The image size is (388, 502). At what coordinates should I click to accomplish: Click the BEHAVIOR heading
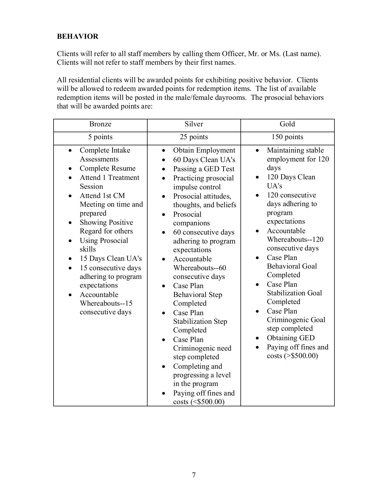(x=78, y=37)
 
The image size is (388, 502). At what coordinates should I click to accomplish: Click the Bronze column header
(x=100, y=124)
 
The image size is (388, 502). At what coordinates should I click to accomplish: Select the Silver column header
(x=194, y=124)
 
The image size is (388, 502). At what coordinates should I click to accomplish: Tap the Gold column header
(x=287, y=124)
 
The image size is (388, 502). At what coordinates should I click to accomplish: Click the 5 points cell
(x=100, y=137)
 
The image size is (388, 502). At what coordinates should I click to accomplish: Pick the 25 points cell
(x=194, y=137)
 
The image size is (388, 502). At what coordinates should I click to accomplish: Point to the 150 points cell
(x=287, y=137)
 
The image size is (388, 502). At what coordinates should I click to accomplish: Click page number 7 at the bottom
(x=194, y=475)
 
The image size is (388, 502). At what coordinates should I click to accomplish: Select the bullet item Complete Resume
(x=107, y=168)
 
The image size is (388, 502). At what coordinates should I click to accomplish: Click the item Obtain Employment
(x=204, y=150)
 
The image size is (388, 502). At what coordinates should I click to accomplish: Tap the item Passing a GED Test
(x=204, y=169)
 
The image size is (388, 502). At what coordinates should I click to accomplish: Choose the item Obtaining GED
(x=290, y=338)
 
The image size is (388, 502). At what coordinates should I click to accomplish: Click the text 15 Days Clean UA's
(x=110, y=259)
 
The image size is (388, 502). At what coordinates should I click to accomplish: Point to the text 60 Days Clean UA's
(x=204, y=160)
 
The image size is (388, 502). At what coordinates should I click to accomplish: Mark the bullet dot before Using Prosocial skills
(x=70, y=241)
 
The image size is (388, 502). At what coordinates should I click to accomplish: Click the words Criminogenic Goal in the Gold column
(x=296, y=320)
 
